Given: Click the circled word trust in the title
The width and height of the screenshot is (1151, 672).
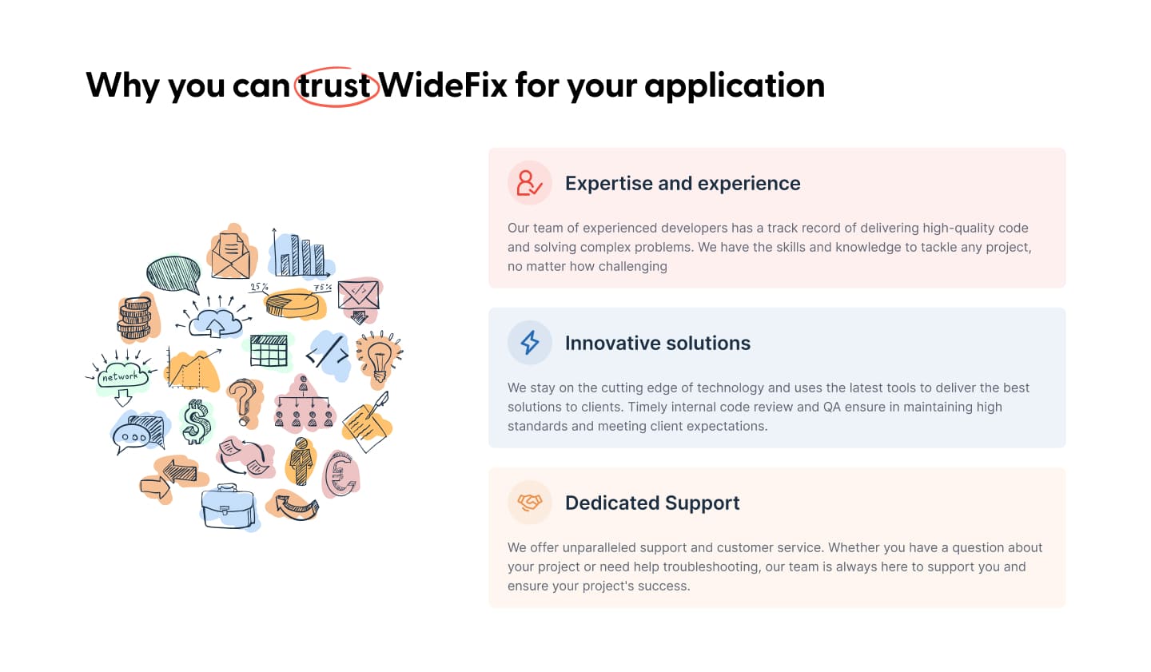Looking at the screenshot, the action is click(x=334, y=85).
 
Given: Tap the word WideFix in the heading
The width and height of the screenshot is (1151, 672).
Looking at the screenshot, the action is click(x=443, y=85).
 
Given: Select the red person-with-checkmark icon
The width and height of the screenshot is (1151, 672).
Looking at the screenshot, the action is click(x=529, y=183).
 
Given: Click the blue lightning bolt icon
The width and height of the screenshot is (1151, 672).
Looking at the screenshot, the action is click(x=529, y=343).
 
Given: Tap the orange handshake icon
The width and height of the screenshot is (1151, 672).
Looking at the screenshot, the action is click(x=530, y=502).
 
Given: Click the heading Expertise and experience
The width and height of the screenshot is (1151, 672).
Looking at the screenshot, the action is click(x=683, y=184).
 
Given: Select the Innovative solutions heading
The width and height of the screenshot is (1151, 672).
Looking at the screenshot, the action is click(x=658, y=344).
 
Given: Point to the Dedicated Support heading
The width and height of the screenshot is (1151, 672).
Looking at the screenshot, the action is click(x=652, y=503).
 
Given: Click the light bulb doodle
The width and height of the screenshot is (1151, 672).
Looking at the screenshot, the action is click(x=379, y=359).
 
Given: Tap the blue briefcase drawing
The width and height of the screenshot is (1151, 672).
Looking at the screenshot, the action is click(x=229, y=507).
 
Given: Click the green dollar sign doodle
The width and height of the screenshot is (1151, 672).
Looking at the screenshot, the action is click(x=195, y=421).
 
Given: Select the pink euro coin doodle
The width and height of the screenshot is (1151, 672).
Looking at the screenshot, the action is click(x=341, y=474).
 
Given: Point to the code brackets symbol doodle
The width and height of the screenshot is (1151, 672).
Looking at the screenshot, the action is click(x=328, y=353).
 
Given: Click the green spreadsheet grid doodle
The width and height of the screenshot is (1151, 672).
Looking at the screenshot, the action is click(x=269, y=351).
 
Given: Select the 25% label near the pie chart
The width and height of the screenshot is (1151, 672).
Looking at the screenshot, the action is click(x=259, y=287).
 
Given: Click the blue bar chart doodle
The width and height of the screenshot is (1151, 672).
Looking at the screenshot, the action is click(x=301, y=253).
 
